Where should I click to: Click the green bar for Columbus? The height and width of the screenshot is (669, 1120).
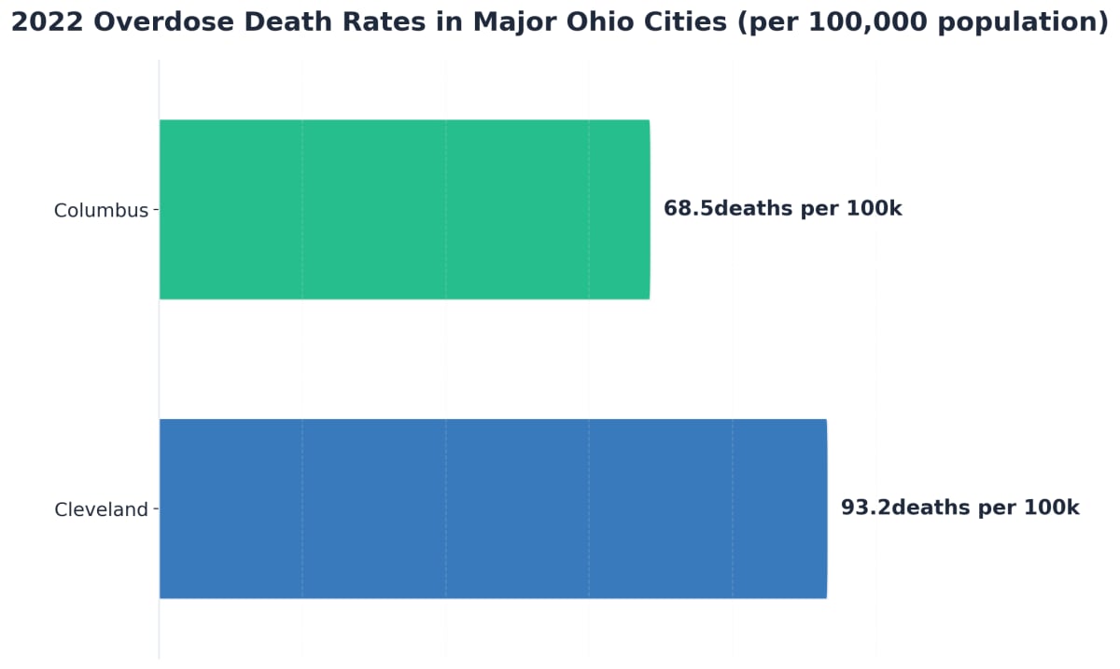coord(404,209)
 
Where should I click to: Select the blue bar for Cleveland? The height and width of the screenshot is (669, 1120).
coord(493,509)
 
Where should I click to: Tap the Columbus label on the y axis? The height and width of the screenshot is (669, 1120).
coord(101,211)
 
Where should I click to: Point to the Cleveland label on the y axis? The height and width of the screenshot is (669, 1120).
coord(101,510)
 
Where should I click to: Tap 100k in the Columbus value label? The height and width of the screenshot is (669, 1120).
coord(874,209)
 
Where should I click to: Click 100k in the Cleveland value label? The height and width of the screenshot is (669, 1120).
coord(1051,509)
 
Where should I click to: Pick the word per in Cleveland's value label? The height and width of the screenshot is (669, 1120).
coord(998,509)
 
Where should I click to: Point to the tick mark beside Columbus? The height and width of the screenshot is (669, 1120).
coord(156,210)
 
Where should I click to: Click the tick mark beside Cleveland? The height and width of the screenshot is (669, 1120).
coord(156,509)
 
